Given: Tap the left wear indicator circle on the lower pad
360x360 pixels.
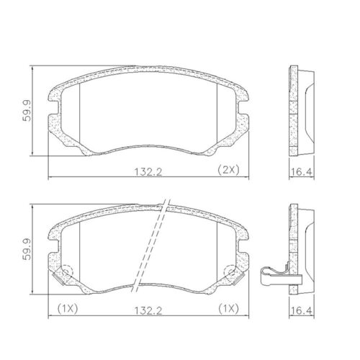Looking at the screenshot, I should point(64,274).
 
